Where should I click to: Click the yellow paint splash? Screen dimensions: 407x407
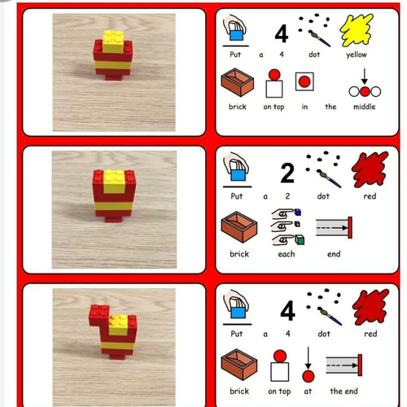point(357,30)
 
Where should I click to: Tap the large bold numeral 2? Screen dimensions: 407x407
point(287,173)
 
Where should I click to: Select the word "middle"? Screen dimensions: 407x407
point(365,107)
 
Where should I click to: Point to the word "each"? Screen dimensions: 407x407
point(287,254)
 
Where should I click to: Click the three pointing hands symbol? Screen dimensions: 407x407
point(288,227)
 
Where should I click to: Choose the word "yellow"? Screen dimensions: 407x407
point(357,55)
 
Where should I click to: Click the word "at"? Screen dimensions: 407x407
point(308,392)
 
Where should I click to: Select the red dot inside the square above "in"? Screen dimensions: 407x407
point(304,81)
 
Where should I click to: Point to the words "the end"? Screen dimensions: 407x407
point(344,391)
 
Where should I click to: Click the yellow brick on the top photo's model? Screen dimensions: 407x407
point(113,42)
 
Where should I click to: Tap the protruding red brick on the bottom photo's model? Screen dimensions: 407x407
point(98,314)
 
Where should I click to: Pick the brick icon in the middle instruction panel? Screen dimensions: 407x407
point(239,227)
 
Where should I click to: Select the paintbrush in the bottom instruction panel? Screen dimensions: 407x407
point(329,316)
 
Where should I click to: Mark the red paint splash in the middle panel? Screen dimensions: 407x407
point(370,170)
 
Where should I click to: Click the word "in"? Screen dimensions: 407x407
point(304,107)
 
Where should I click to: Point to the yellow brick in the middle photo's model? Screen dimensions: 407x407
point(114,182)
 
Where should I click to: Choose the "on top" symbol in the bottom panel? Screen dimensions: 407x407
point(280,365)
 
